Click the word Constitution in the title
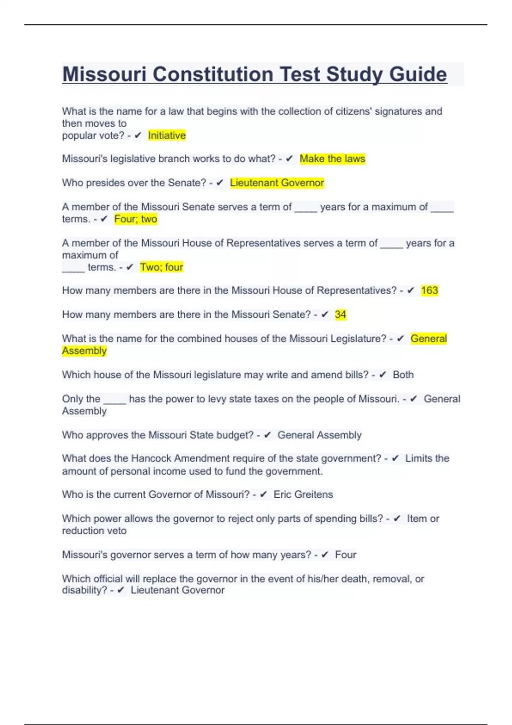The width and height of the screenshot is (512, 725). pyautogui.click(x=213, y=75)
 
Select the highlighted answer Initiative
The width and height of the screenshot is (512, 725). pyautogui.click(x=167, y=136)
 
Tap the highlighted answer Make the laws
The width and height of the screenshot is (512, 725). pyautogui.click(x=332, y=159)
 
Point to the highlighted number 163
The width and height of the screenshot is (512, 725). pyautogui.click(x=429, y=290)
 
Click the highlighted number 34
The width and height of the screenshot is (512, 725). pyautogui.click(x=340, y=315)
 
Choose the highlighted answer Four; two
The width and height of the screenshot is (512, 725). pyautogui.click(x=136, y=219)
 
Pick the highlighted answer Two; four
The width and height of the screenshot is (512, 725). pyautogui.click(x=162, y=267)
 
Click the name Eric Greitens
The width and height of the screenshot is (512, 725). pyautogui.click(x=303, y=495)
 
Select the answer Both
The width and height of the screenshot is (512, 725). pyautogui.click(x=403, y=375)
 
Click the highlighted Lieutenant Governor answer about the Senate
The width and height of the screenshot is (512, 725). pyautogui.click(x=277, y=183)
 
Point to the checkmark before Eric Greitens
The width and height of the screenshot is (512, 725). pyautogui.click(x=263, y=495)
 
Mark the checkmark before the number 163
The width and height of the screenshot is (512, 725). pyautogui.click(x=411, y=290)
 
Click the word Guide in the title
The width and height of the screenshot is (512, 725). pyautogui.click(x=418, y=75)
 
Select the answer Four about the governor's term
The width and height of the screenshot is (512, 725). pyautogui.click(x=346, y=555)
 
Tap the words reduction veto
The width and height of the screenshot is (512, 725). pyautogui.click(x=94, y=531)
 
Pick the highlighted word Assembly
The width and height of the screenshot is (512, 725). pyautogui.click(x=84, y=351)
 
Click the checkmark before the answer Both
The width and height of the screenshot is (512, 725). pyautogui.click(x=383, y=375)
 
